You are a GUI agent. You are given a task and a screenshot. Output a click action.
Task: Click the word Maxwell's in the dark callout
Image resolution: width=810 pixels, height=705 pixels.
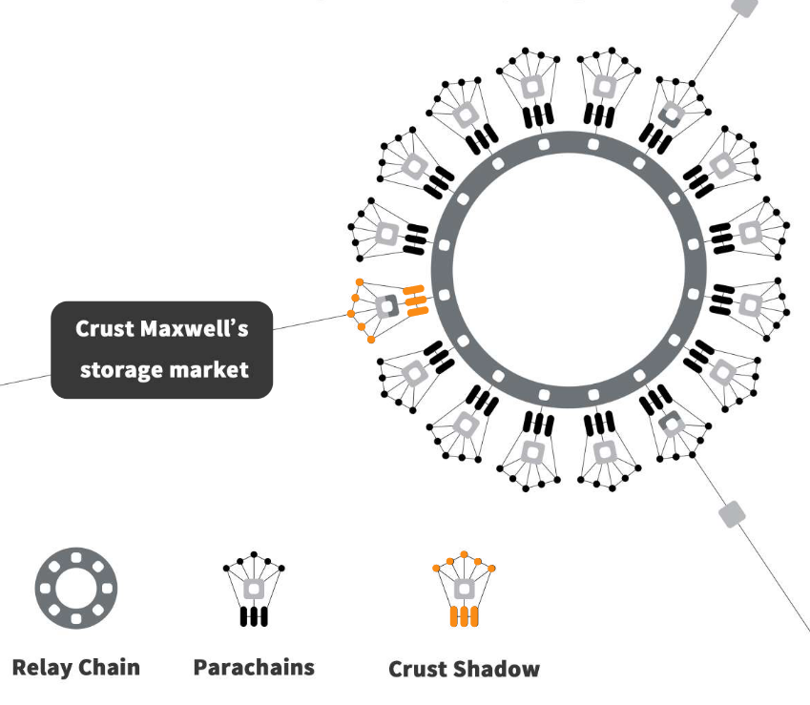(194, 329)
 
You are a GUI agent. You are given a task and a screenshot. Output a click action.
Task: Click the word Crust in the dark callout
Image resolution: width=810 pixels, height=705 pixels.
(105, 329)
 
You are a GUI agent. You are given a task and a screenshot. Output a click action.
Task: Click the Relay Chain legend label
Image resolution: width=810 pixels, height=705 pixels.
(75, 667)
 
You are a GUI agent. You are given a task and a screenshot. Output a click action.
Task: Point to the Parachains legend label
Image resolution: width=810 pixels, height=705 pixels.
(253, 667)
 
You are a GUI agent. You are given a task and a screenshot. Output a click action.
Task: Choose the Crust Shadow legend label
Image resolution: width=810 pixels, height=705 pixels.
(464, 669)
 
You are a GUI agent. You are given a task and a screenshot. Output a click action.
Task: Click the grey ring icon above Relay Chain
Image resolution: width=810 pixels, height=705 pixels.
(75, 587)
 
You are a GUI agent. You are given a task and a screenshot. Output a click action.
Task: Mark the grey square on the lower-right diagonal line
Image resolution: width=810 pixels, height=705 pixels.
(732, 513)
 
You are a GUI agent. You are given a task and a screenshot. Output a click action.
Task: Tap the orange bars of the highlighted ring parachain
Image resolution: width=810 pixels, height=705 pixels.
(415, 301)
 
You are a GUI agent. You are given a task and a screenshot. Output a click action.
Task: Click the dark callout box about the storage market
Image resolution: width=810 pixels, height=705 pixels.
(162, 349)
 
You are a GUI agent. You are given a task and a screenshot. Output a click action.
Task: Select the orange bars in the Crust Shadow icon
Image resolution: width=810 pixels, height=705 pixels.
(464, 616)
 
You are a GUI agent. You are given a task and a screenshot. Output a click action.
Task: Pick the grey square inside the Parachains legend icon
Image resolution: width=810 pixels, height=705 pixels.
(254, 588)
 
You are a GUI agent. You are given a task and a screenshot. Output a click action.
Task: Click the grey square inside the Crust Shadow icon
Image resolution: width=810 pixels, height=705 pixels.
(464, 588)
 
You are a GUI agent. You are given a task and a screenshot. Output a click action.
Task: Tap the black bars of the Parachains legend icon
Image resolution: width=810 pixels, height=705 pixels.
(254, 616)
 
